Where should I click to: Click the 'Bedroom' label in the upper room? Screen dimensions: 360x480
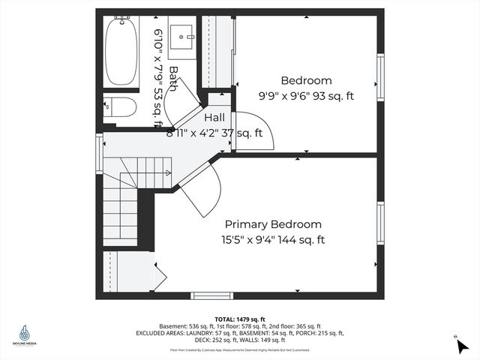[x=306, y=80]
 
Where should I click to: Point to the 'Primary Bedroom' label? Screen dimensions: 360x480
[x=274, y=224]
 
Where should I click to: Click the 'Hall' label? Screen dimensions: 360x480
[x=214, y=118]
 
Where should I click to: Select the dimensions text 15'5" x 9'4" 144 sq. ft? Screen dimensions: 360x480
[x=273, y=240]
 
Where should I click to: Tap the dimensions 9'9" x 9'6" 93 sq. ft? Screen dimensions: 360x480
[x=306, y=96]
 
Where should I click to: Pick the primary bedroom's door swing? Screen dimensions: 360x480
[x=201, y=191]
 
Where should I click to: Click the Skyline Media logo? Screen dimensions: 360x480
[x=25, y=334]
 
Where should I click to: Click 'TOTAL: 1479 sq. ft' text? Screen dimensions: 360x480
[x=239, y=319]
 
